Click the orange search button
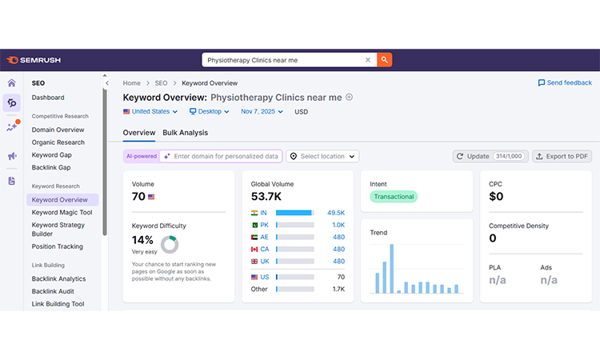click(385, 60)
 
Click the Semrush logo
click(34, 60)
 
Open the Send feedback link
click(565, 82)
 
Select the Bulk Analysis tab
click(185, 133)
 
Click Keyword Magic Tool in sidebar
click(62, 213)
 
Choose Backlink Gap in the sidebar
click(51, 168)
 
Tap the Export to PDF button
click(562, 156)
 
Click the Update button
click(488, 156)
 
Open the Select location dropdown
click(323, 156)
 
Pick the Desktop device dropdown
click(210, 112)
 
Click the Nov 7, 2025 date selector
click(262, 112)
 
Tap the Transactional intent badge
click(394, 196)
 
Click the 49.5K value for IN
click(335, 213)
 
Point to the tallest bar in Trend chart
click(391, 269)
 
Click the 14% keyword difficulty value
click(142, 240)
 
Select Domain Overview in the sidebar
click(58, 130)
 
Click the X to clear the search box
click(368, 60)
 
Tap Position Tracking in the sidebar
click(57, 246)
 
